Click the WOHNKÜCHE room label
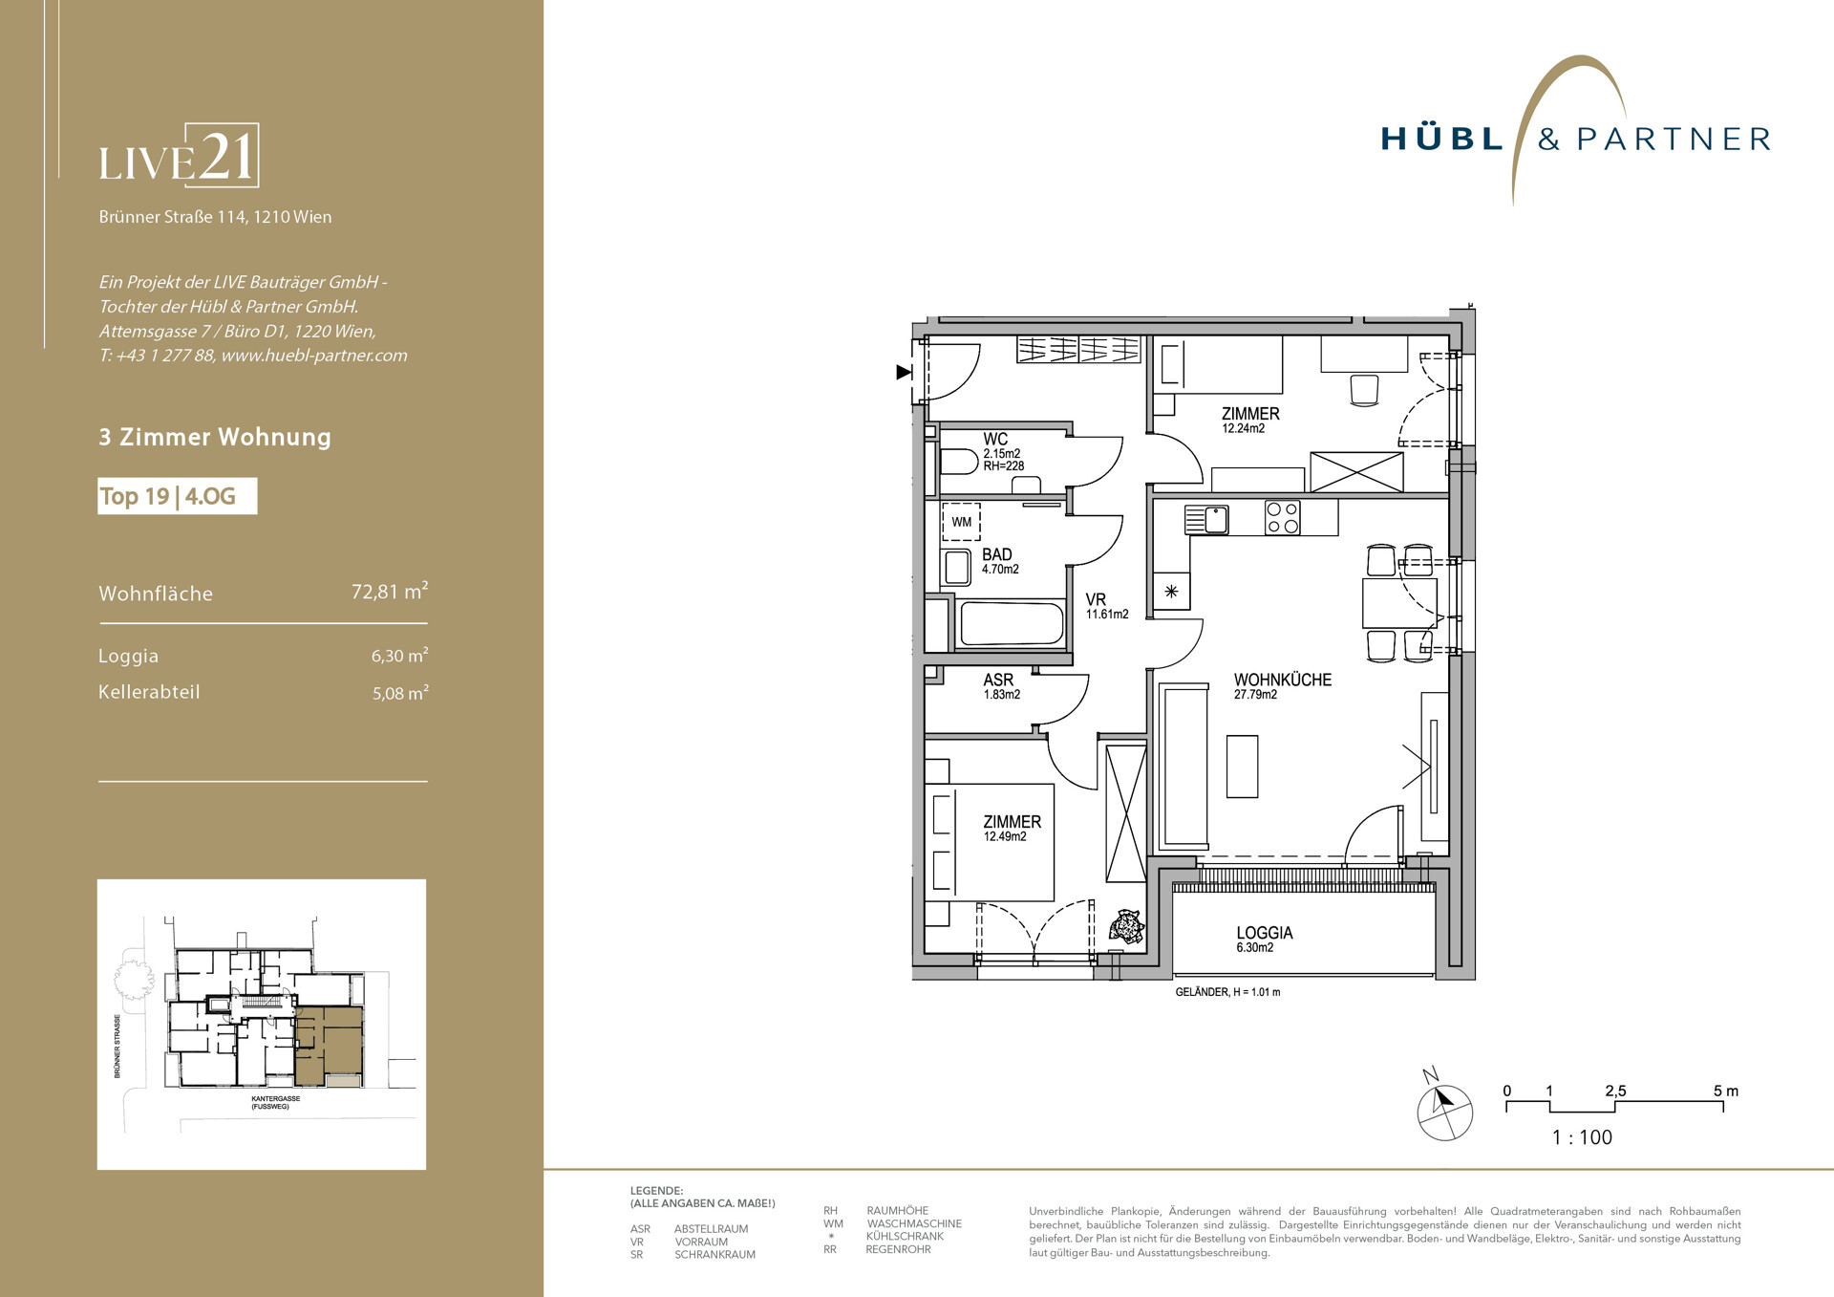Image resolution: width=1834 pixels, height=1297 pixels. [1282, 680]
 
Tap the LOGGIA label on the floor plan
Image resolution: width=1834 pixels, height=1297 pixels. [1264, 933]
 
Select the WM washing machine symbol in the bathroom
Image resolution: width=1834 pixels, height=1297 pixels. [961, 522]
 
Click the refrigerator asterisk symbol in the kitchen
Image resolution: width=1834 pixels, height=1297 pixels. [1171, 592]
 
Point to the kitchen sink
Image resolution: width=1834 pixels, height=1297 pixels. [1206, 520]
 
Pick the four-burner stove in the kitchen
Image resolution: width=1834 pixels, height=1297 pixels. [1283, 518]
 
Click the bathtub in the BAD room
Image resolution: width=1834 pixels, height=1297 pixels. [1012, 624]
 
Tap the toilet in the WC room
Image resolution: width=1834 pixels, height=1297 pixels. [958, 464]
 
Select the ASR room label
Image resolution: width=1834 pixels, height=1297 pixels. [998, 680]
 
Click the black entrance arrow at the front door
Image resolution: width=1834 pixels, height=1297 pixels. [904, 372]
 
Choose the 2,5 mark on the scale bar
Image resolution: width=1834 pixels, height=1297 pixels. [1615, 1091]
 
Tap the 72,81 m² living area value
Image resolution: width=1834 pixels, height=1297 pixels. [390, 591]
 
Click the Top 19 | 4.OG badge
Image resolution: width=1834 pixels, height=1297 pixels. [177, 496]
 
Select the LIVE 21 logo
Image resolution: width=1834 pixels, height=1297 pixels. [179, 155]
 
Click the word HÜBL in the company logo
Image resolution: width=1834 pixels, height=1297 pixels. [1442, 139]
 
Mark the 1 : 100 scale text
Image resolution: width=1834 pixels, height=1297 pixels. [1582, 1137]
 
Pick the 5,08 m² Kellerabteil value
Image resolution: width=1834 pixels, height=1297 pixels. [400, 693]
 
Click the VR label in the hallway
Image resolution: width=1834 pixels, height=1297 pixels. [1096, 599]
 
